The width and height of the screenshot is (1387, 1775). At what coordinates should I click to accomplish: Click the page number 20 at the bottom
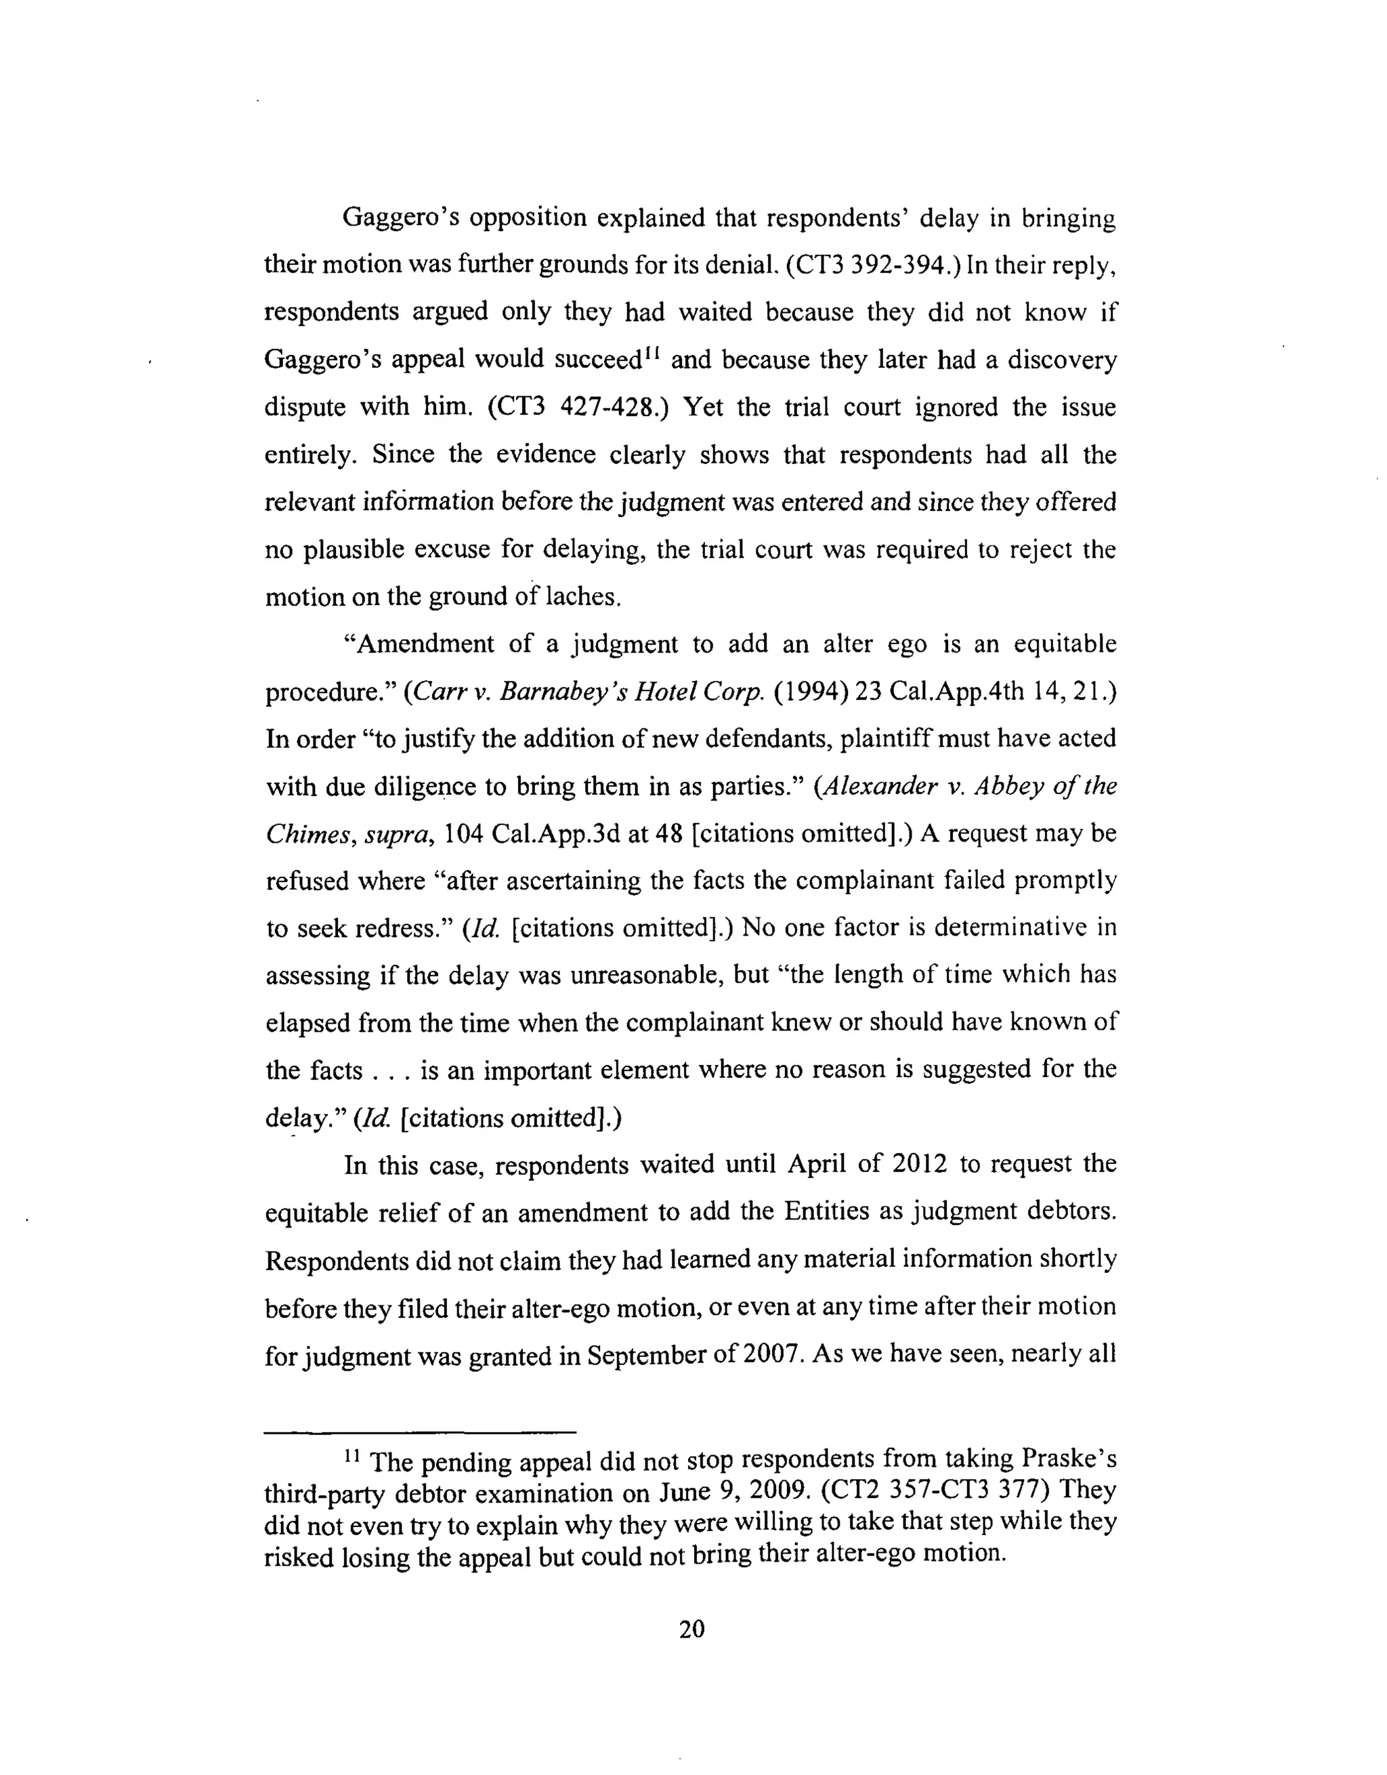[691, 1629]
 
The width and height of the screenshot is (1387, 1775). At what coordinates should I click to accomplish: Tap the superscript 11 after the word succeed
[652, 354]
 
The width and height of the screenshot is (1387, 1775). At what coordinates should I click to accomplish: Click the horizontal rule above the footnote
[420, 1432]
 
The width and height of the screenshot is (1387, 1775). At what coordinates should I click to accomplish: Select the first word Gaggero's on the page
[396, 218]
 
